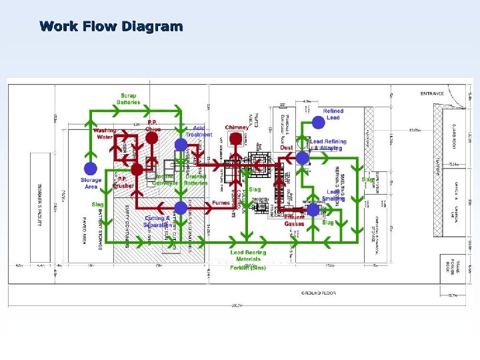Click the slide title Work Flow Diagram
click(111, 27)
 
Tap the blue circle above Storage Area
click(90, 169)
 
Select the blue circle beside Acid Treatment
click(180, 145)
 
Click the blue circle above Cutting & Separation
click(180, 207)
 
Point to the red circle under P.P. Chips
click(151, 138)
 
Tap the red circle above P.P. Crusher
click(137, 169)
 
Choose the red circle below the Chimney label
click(235, 139)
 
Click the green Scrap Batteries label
click(129, 99)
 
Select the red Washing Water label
click(104, 134)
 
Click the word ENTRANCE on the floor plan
click(432, 94)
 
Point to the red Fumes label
click(221, 203)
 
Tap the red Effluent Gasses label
click(294, 221)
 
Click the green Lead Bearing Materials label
click(248, 255)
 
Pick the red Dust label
click(287, 148)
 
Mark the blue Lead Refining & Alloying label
click(328, 145)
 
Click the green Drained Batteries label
click(197, 179)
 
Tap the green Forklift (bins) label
click(248, 268)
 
